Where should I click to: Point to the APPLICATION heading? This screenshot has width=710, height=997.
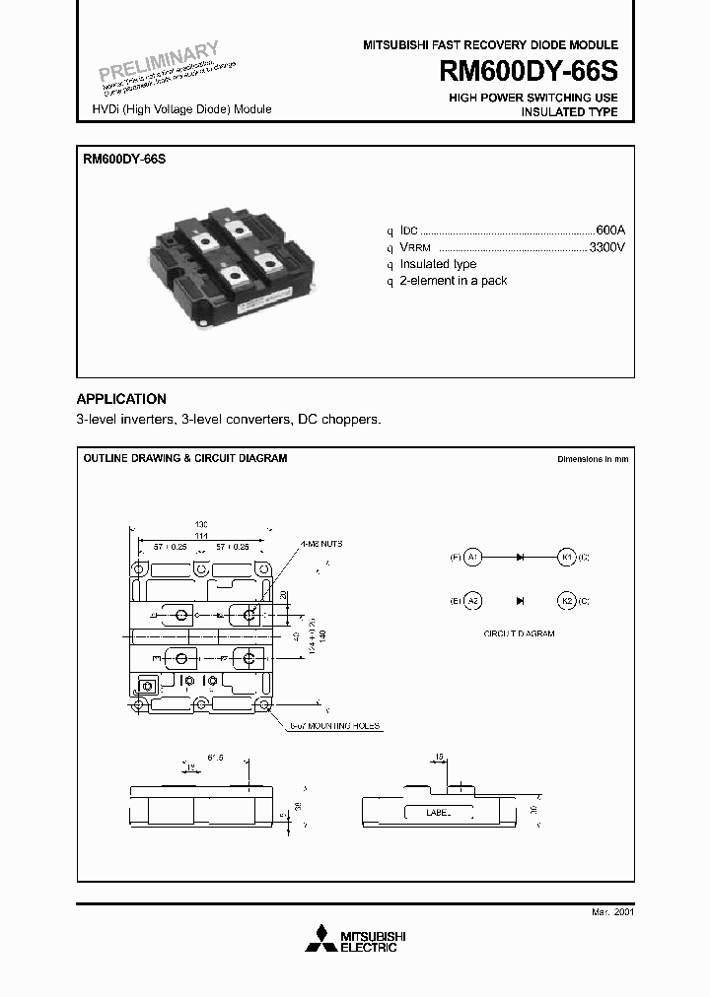click(x=121, y=399)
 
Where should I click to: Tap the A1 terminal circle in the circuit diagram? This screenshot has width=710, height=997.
click(x=473, y=558)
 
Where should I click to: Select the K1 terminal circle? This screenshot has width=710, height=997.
click(x=567, y=558)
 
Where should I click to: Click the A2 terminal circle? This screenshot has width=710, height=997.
click(x=473, y=600)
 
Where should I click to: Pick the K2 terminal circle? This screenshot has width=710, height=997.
click(x=567, y=600)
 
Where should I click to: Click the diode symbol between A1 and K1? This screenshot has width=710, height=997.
click(x=519, y=558)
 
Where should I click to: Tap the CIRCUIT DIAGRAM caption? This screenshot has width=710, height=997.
click(x=520, y=633)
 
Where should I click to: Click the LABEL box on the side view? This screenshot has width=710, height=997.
click(x=437, y=814)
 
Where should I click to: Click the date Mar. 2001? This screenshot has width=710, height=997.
click(x=612, y=913)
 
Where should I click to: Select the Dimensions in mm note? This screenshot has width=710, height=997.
click(x=592, y=459)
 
